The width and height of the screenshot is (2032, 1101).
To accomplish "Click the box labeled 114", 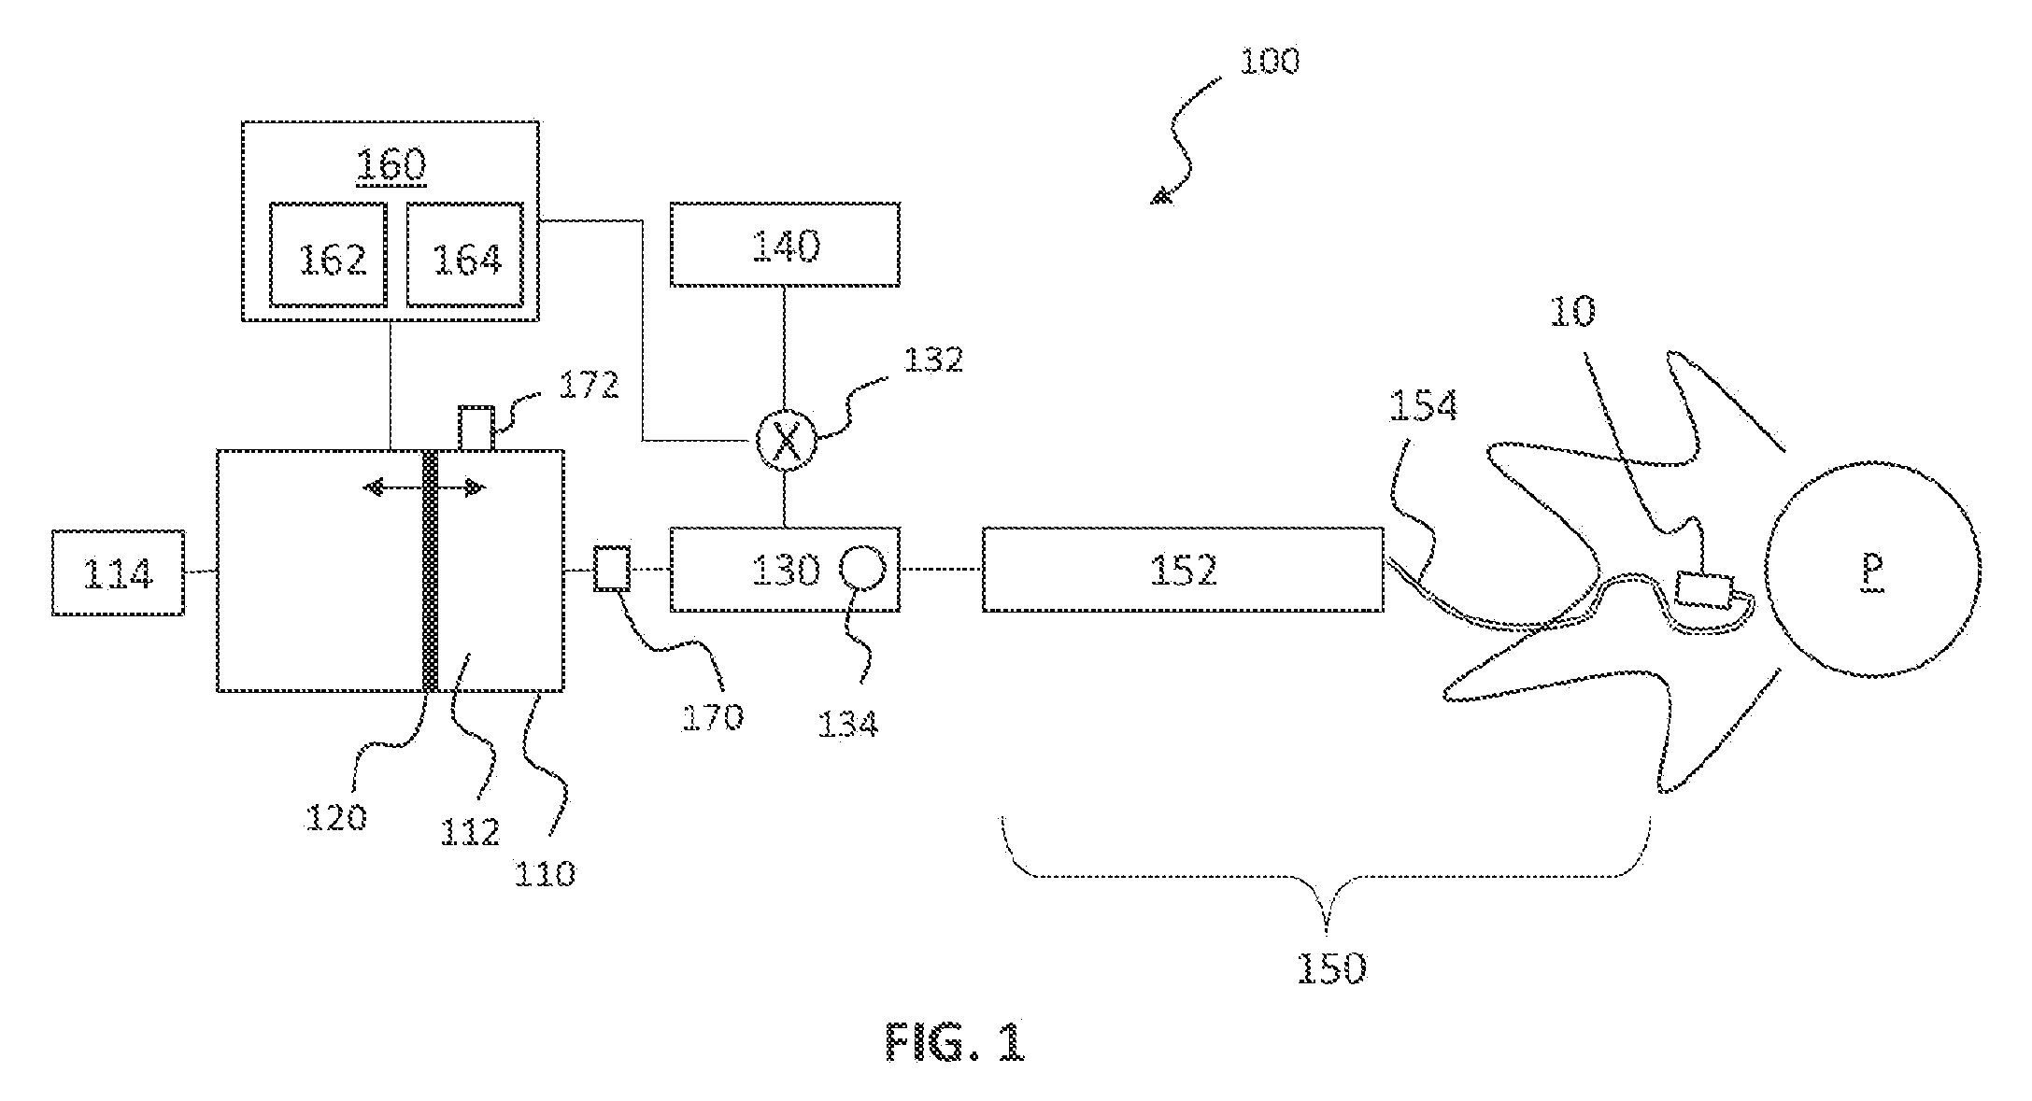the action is [x=118, y=572].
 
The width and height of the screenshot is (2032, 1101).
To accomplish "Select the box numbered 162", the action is [x=328, y=254].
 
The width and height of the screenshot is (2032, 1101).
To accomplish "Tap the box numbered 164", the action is [x=465, y=254].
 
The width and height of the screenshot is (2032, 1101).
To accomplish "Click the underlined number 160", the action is [x=391, y=165].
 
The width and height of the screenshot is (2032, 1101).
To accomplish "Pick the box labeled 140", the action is [x=785, y=244].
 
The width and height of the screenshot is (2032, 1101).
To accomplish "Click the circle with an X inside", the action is [x=785, y=441].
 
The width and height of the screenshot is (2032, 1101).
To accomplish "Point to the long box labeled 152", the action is [x=1183, y=570].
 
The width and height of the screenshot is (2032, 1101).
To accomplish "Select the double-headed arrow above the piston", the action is [x=424, y=487].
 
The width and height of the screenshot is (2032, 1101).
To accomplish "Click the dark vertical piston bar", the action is [x=431, y=571].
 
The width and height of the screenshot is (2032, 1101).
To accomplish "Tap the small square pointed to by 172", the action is [x=476, y=428].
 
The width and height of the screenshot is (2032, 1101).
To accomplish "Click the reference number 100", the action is [x=1269, y=62].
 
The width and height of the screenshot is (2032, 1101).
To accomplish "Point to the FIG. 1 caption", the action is [x=955, y=1041].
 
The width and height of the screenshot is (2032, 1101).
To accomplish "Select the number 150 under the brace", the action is [x=1331, y=967].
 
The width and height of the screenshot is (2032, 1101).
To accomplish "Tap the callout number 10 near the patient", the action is [x=1572, y=312].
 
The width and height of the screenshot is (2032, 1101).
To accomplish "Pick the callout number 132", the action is [x=933, y=360].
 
